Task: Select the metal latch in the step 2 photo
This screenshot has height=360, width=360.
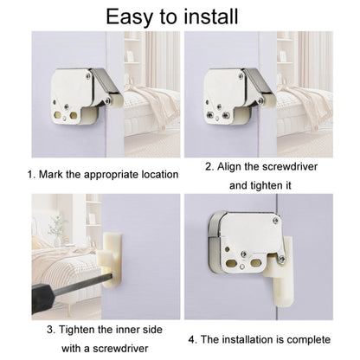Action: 232,93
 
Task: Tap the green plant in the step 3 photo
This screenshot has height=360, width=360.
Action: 55,226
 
